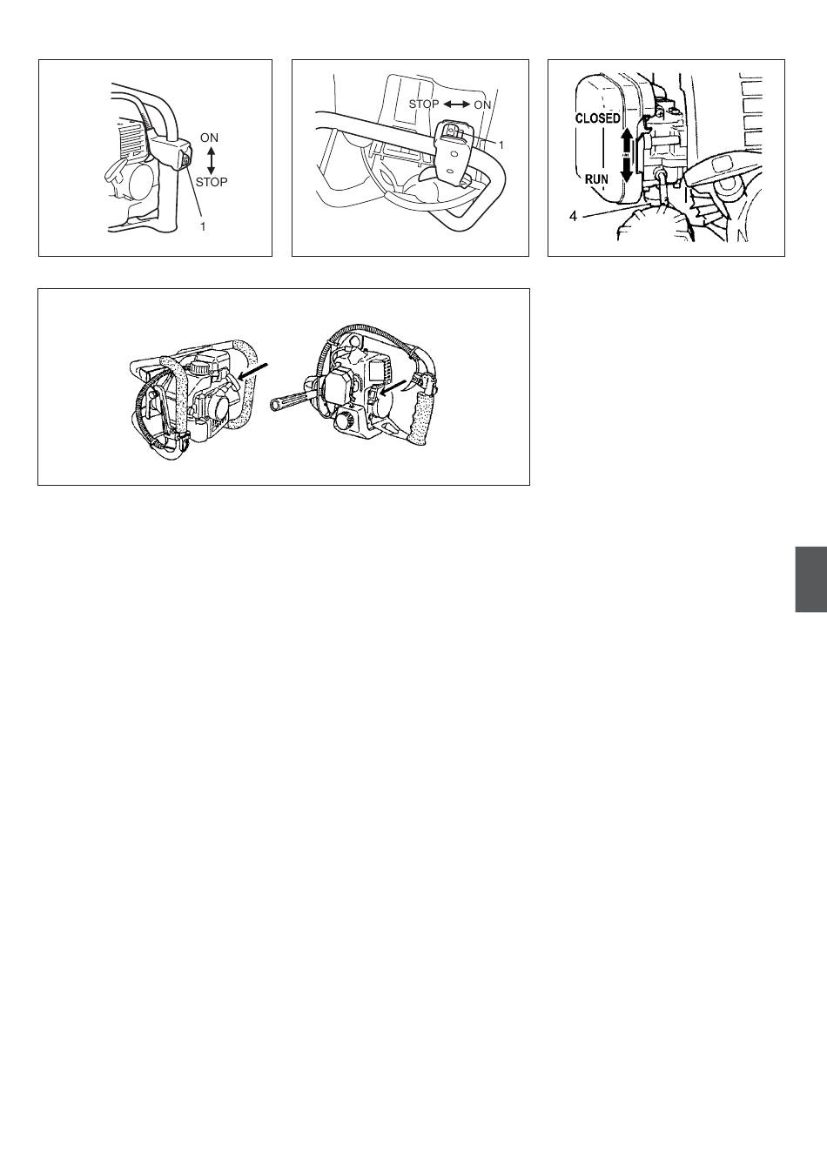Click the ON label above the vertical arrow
click(x=209, y=138)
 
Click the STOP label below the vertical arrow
click(x=212, y=182)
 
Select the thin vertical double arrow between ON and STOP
click(x=211, y=160)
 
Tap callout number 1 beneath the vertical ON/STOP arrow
click(x=203, y=226)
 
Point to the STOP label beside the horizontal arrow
click(x=424, y=104)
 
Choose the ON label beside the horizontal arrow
click(x=482, y=105)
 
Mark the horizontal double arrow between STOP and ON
click(x=457, y=104)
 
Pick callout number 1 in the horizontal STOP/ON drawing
click(x=501, y=145)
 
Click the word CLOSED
click(x=598, y=118)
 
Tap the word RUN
click(x=596, y=179)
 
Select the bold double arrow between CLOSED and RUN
click(x=627, y=156)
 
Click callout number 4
click(x=573, y=216)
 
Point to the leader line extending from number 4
click(x=615, y=211)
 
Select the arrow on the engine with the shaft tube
click(x=393, y=387)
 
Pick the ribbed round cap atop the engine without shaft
click(x=200, y=367)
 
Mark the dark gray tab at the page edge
click(x=810, y=579)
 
